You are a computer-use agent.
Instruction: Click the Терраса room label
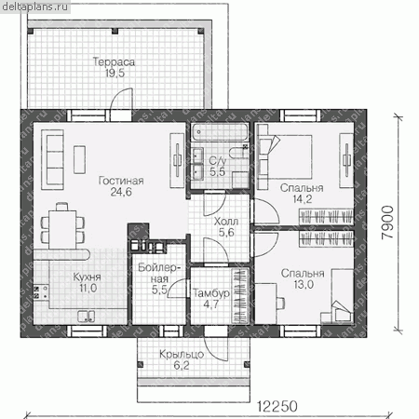tap(114, 61)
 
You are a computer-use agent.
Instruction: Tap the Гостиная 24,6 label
tap(121, 186)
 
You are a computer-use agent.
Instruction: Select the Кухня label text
tap(87, 277)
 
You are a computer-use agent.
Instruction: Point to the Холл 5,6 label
tap(226, 227)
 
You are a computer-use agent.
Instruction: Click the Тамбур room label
tap(211, 293)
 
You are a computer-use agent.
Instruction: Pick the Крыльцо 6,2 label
tap(182, 360)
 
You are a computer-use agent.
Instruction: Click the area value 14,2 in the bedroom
tap(303, 199)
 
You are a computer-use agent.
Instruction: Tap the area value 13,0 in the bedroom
tap(304, 284)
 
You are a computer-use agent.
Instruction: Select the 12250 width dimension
tap(277, 406)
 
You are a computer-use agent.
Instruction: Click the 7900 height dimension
tap(387, 223)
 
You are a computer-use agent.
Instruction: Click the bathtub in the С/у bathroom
tap(220, 132)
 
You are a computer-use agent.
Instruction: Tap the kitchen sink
tap(87, 317)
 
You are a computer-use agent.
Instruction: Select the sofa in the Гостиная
tap(52, 159)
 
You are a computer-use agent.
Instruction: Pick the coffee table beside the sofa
tap(79, 159)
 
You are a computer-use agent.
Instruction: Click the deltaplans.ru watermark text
tap(34, 7)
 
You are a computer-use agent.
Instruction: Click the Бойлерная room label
tap(159, 278)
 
